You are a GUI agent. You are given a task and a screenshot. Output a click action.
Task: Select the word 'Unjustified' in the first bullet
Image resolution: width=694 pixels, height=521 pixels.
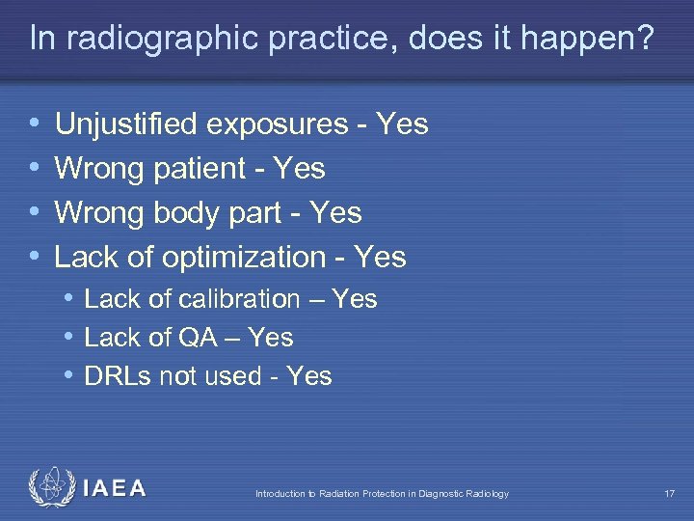[x=126, y=124]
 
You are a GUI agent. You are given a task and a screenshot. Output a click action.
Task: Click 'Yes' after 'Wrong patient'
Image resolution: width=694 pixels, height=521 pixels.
[x=300, y=169]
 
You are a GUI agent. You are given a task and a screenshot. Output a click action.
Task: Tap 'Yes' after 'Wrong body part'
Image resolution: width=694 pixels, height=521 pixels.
[x=336, y=213]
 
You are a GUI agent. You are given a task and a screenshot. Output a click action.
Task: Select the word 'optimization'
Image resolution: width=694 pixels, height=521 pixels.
[x=244, y=258]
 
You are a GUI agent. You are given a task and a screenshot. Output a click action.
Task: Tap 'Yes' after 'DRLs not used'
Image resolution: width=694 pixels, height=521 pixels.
[x=309, y=376]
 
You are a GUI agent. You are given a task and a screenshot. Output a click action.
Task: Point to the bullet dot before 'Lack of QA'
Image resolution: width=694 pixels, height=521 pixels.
[x=70, y=339]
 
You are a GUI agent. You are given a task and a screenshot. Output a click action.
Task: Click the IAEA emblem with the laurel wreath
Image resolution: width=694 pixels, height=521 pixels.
[x=49, y=487]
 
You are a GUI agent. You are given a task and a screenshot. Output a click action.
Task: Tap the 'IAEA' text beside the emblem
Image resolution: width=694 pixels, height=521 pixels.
[x=114, y=488]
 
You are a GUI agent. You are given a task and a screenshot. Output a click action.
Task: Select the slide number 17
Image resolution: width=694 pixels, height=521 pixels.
[x=669, y=494]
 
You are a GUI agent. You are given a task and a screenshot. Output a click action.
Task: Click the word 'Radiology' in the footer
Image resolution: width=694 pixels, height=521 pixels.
[x=485, y=494]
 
